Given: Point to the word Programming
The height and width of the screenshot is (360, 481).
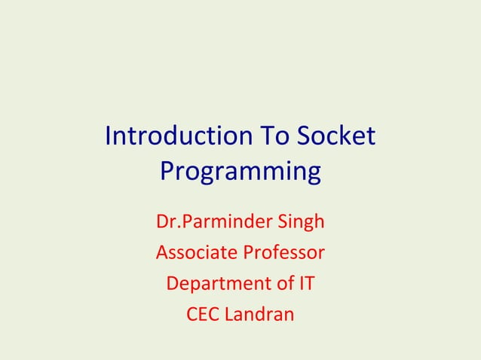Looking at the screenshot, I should click(x=240, y=172).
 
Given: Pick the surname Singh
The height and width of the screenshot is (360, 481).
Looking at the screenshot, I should click(x=297, y=223).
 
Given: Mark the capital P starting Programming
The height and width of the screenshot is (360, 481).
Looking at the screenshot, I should click(x=167, y=172).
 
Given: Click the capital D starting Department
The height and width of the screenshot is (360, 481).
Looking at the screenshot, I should click(x=171, y=284).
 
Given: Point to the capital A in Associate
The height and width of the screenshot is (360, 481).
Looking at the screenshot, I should click(x=161, y=253).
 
